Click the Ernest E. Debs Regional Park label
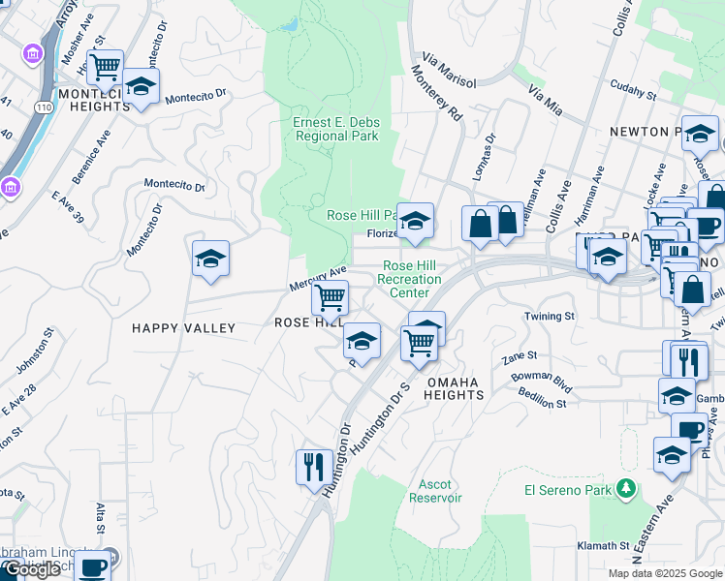pos(336,129)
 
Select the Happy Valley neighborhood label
pos(183,328)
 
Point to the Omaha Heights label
pos(454,388)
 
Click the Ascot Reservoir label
pos(440,491)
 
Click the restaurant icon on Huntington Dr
pos(314,467)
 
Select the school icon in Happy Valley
pos(210,259)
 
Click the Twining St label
pos(550,317)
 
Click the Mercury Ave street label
pos(318,280)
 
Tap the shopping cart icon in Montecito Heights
pos(105,67)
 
